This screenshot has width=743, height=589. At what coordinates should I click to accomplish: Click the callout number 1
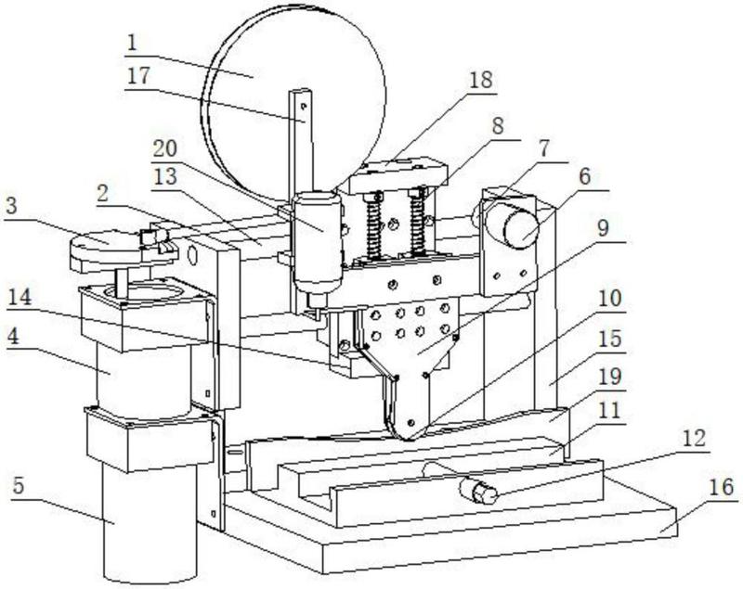132,44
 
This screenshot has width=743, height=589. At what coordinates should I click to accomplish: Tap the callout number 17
138,76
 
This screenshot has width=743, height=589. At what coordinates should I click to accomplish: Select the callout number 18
481,80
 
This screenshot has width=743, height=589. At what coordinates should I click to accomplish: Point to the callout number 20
165,149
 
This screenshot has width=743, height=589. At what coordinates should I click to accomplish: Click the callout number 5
19,485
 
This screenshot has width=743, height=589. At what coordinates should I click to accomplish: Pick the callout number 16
723,487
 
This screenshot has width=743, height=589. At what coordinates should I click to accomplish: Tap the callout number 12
694,439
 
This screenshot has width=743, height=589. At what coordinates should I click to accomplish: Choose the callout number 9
602,228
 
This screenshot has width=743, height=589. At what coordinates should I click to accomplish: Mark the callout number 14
20,298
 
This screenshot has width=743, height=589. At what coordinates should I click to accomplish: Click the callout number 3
11,206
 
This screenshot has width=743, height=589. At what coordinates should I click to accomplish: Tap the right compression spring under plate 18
419,222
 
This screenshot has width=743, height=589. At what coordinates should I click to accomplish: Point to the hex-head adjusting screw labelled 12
478,491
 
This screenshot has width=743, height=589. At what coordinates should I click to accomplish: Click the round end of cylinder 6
521,229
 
